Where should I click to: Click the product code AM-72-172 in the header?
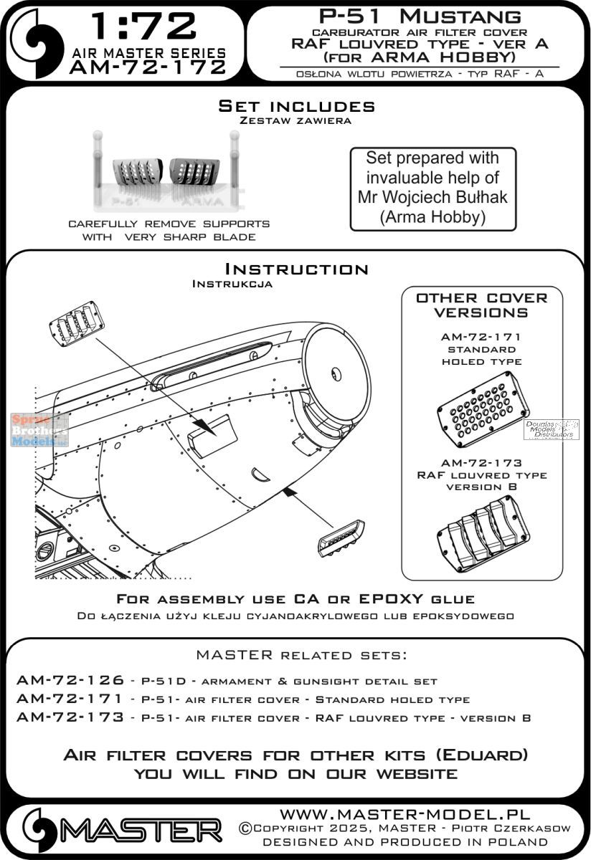click(x=148, y=67)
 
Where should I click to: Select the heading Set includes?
click(x=296, y=106)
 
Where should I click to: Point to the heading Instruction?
click(x=296, y=269)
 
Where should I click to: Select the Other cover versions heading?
click(x=481, y=305)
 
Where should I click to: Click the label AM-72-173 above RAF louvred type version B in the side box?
click(x=481, y=462)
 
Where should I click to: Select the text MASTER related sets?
click(x=295, y=655)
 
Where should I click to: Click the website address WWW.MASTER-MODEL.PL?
click(x=405, y=814)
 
